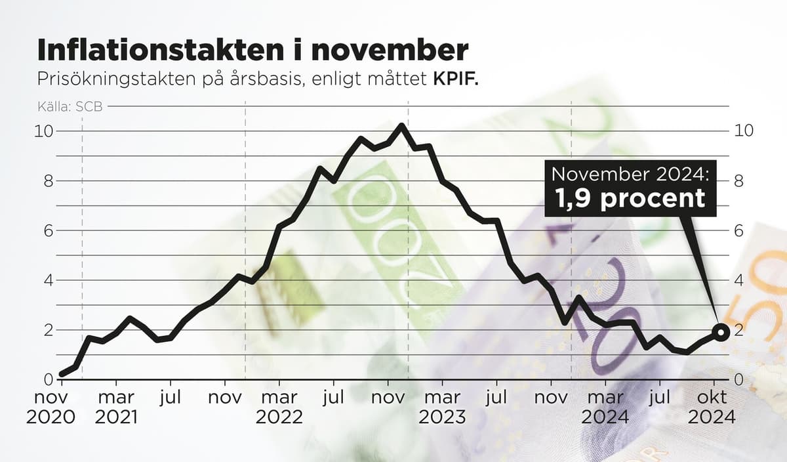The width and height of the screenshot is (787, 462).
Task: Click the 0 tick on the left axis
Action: [49, 379]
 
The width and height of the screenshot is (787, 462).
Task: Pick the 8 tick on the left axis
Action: [49, 181]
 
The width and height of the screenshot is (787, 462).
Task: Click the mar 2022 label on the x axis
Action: [279, 407]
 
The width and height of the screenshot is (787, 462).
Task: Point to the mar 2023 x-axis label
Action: [443, 407]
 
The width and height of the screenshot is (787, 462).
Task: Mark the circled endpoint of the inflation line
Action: [721, 332]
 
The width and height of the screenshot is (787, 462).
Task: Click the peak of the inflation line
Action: [401, 125]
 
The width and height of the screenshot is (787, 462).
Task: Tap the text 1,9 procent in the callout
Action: [631, 198]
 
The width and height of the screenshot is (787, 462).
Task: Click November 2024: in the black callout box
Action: [630, 174]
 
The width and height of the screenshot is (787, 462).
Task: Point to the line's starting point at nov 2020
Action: [62, 374]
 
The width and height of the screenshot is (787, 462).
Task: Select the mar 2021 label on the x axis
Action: [116, 407]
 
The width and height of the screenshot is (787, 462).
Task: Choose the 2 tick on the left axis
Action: [49, 330]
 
